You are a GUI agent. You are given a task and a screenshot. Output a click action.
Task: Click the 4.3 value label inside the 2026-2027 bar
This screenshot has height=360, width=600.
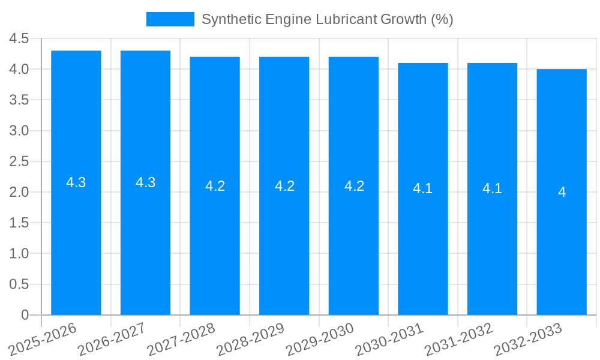click(x=146, y=183)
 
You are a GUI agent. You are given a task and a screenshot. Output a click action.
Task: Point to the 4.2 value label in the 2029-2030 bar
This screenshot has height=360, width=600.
click(x=354, y=186)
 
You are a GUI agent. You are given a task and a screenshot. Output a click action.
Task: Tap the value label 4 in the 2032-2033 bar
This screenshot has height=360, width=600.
click(x=562, y=192)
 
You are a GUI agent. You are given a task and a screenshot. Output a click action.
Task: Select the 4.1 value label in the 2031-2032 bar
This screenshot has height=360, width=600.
click(x=492, y=189)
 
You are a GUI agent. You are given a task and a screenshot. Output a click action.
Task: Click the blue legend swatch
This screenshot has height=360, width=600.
click(x=170, y=19)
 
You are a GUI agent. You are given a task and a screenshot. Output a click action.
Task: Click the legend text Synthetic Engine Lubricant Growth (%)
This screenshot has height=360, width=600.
click(x=327, y=19)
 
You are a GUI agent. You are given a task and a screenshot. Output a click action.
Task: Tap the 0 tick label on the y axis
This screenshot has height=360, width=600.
click(x=25, y=315)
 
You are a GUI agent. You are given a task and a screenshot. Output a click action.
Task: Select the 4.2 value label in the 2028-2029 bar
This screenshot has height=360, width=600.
click(x=284, y=186)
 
